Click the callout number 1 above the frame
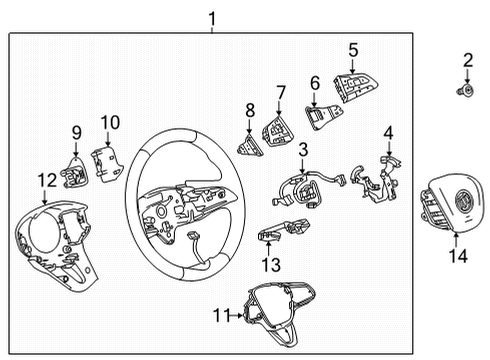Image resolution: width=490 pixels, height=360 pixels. click(211, 18)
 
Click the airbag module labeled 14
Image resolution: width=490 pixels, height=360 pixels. click(448, 205)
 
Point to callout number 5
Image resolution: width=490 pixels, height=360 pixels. click(353, 50)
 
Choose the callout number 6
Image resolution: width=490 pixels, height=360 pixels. click(315, 83)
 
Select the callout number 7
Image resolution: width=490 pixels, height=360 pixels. click(281, 91)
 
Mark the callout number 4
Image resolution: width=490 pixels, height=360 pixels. click(389, 132)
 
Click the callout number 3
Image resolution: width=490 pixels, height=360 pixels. click(301, 149)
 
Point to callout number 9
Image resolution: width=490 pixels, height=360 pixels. click(76, 131)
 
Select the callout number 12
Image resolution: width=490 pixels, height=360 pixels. click(43, 179)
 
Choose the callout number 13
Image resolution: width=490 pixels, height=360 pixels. click(266, 264)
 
